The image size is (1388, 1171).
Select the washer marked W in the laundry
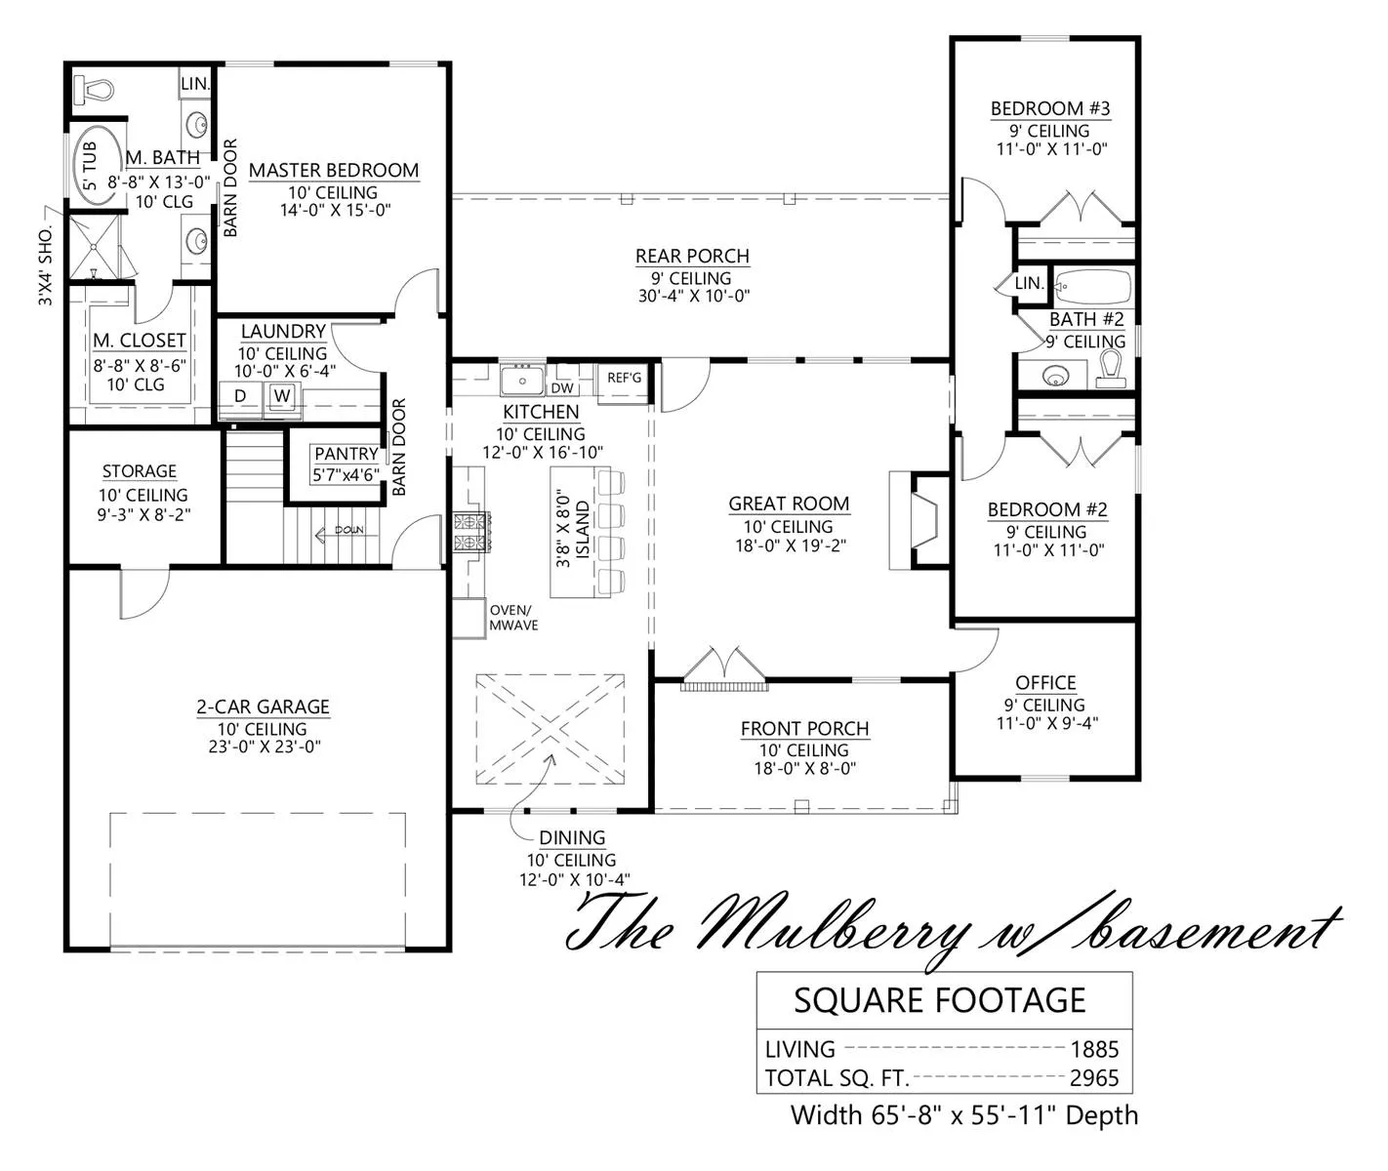(282, 397)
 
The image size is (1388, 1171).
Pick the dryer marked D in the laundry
(240, 397)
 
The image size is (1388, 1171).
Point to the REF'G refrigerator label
(624, 378)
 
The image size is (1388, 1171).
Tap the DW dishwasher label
(562, 388)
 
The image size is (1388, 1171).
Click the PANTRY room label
(347, 454)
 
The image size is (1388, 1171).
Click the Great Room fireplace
(920, 520)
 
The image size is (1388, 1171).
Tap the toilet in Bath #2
(1111, 370)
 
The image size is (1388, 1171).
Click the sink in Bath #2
(1055, 377)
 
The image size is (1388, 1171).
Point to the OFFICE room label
(1045, 682)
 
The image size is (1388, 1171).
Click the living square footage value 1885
(1094, 1049)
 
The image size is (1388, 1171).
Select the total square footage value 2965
(1094, 1078)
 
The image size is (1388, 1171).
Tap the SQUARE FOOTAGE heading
(940, 1000)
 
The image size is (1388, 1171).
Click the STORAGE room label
(139, 471)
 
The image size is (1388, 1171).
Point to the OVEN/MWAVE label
(513, 618)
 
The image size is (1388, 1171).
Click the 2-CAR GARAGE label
(263, 707)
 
